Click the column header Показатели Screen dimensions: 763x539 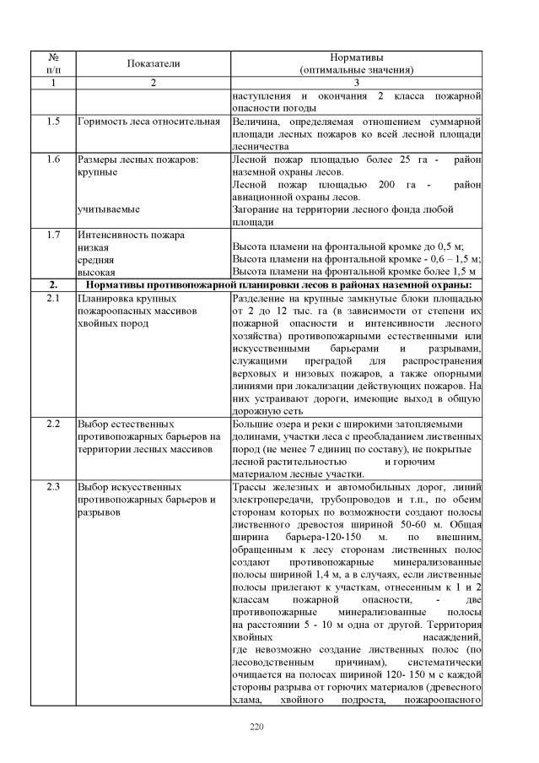154,63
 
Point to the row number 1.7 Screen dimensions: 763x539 53,234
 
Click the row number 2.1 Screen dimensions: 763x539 53,299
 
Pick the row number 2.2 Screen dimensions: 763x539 53,423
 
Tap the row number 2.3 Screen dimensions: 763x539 53,487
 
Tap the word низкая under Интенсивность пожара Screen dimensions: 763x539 93,247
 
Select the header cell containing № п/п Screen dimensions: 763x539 53,63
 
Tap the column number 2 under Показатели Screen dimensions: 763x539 154,83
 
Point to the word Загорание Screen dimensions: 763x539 257,208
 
